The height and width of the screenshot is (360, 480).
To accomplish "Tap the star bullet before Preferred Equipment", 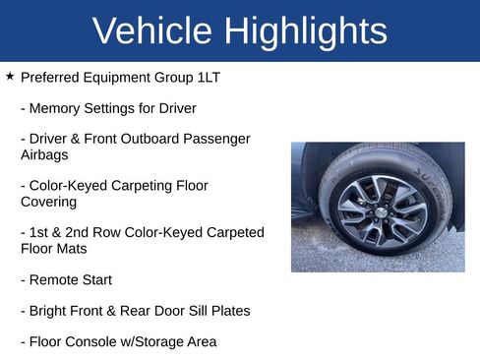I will (x=10, y=76).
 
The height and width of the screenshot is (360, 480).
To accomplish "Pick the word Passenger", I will (x=214, y=139).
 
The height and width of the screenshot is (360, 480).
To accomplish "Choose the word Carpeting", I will (x=144, y=185).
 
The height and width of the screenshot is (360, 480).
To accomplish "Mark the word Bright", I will (x=50, y=311).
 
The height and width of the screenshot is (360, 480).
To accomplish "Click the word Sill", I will (x=193, y=311).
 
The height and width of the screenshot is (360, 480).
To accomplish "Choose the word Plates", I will (x=230, y=311).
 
